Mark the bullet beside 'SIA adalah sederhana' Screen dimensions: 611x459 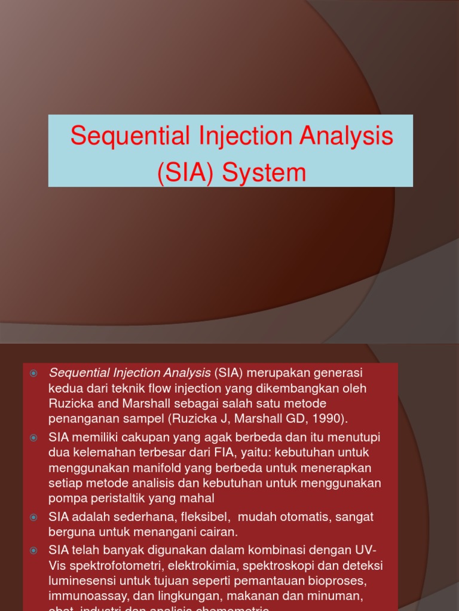point(34,517)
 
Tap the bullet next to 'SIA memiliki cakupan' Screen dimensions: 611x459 point(34,438)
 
